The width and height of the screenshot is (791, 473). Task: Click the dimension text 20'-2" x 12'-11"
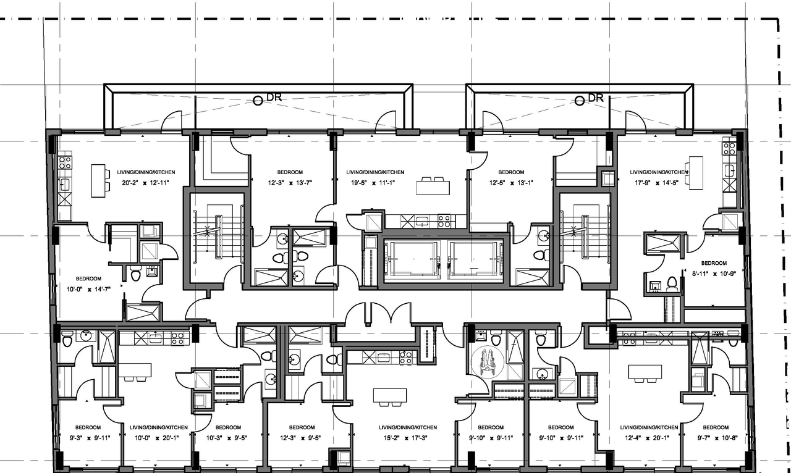[x=142, y=183]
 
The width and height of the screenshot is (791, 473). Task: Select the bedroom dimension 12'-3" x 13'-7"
[x=289, y=183]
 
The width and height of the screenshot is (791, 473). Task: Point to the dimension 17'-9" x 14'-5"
[x=658, y=183]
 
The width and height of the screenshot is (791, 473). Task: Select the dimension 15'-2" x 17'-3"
[x=408, y=438]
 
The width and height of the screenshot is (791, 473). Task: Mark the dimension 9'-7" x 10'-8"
[x=716, y=438]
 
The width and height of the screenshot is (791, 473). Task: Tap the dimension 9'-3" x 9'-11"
[x=88, y=438]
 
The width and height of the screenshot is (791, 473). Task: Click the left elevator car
[x=410, y=258]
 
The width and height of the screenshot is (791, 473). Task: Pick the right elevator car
[x=474, y=258]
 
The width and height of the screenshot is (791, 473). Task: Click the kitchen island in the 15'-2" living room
[x=390, y=396]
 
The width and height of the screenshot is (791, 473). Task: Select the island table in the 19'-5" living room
[x=433, y=186]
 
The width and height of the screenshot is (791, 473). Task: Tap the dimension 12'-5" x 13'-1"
[x=511, y=183]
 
